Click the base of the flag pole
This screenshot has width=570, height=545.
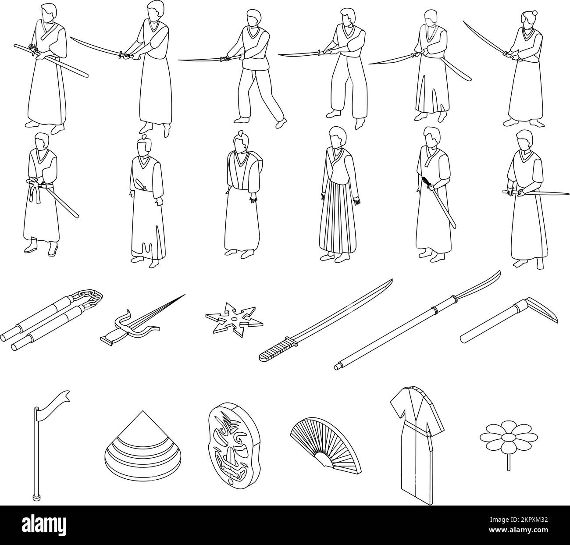coord(35,497)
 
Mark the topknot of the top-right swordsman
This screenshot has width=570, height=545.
coord(525,14)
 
